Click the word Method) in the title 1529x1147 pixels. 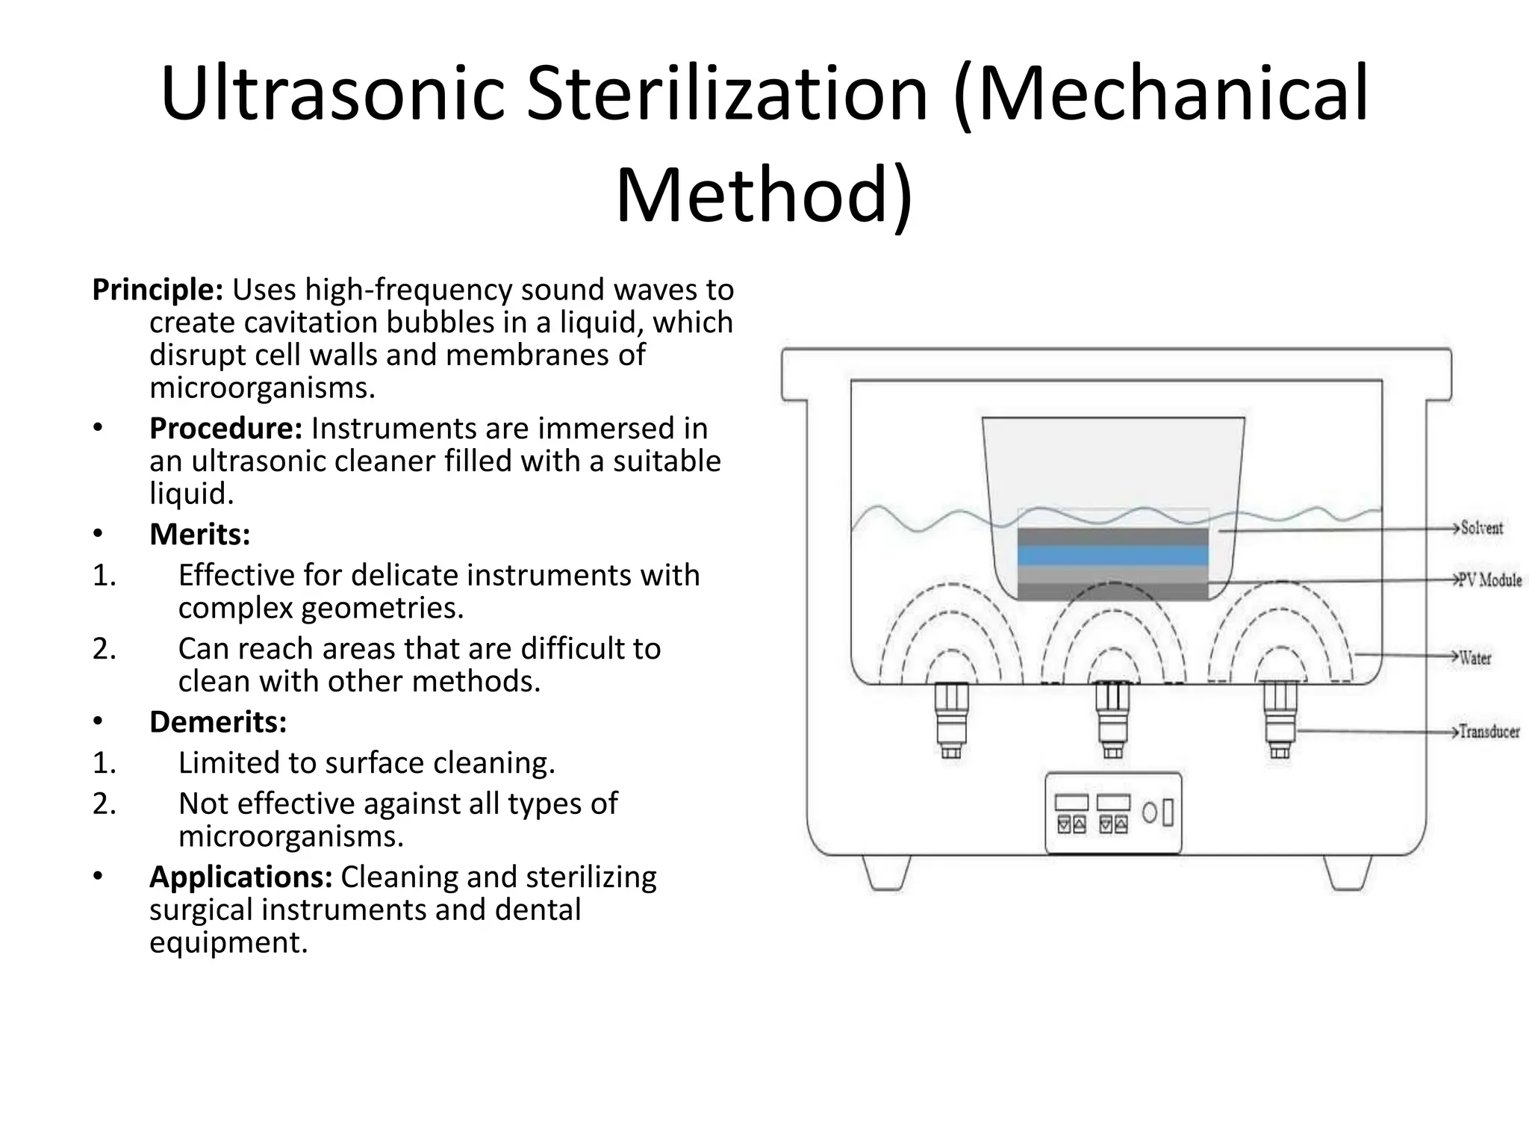(764, 196)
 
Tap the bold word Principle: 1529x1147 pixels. (158, 290)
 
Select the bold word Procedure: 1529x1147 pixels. (225, 429)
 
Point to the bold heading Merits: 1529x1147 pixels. (199, 535)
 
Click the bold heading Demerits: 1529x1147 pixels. (218, 722)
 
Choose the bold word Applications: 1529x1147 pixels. (240, 877)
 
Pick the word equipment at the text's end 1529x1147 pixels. (228, 942)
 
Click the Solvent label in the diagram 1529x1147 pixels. (1481, 528)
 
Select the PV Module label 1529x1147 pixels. (1490, 580)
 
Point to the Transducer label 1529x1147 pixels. (1489, 732)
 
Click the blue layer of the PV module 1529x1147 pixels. (1112, 556)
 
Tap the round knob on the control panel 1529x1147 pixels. (1150, 812)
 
